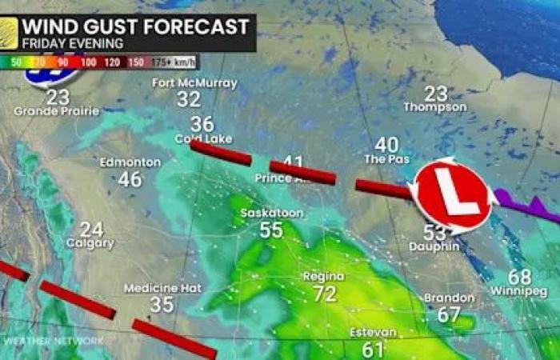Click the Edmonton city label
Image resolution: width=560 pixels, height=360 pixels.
point(130,162)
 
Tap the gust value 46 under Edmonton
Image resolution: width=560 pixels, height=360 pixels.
point(130,179)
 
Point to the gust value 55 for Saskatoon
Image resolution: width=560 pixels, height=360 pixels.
point(271,230)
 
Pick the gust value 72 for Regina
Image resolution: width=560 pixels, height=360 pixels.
point(324,294)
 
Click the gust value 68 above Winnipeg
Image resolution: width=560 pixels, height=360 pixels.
point(519,277)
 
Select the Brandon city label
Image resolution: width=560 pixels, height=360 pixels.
point(450,298)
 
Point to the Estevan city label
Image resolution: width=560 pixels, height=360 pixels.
point(373,333)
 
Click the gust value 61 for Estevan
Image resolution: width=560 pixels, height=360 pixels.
point(373,349)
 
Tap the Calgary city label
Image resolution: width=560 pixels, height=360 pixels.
point(90,243)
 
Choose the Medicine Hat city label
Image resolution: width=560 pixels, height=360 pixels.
point(162,288)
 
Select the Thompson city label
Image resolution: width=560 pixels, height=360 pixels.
point(435,107)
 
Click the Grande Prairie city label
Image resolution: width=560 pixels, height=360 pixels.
point(57,111)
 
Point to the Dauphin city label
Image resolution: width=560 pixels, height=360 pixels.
point(434,247)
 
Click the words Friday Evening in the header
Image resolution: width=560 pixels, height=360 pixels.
point(73,43)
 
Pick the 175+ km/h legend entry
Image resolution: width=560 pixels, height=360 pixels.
point(177,61)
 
